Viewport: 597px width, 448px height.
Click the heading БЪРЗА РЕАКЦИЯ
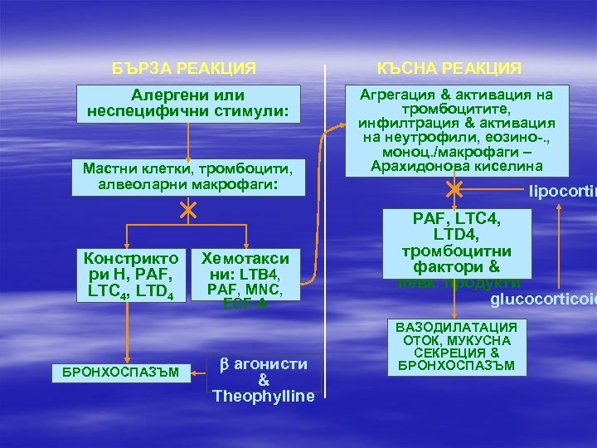[x=185, y=66]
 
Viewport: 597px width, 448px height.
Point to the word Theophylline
[x=263, y=396]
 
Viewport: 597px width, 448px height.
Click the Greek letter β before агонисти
[x=222, y=364]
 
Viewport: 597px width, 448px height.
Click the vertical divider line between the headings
[x=325, y=124]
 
